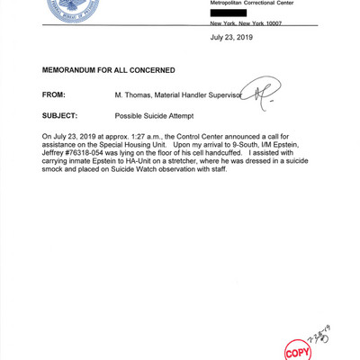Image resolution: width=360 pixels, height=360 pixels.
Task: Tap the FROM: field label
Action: point(57,94)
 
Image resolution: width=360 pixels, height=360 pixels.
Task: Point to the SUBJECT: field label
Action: point(64,117)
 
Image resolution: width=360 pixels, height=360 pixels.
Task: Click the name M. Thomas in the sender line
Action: point(134,94)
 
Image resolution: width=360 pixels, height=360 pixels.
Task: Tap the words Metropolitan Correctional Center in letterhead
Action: point(256,4)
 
